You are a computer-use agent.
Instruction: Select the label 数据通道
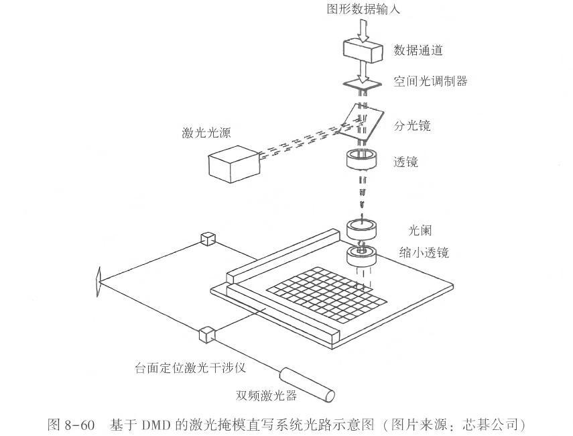coord(418,50)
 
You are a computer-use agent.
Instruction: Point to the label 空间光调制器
coord(430,81)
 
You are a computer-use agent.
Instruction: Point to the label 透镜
coord(406,162)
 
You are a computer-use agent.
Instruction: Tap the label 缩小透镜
coord(423,253)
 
